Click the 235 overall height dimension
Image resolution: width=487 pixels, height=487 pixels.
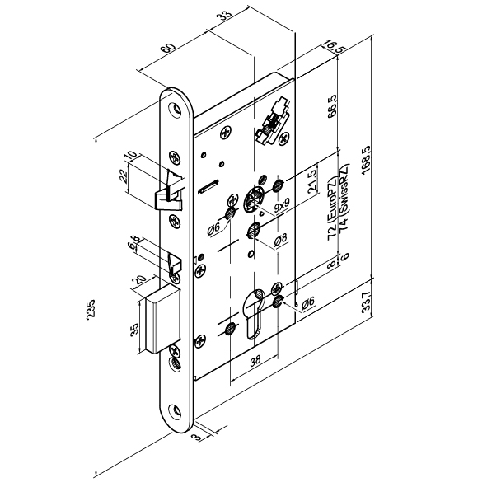pos(90,309)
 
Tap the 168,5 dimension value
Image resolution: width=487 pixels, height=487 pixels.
pos(367,160)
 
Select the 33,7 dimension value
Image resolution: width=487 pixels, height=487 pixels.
pos(368,300)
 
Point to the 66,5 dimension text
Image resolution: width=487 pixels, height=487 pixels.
pos(332,107)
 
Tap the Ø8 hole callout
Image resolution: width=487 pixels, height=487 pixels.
pos(280,238)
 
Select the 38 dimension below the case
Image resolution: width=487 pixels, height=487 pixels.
pos(255,360)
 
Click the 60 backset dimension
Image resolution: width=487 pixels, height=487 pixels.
pos(168,49)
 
